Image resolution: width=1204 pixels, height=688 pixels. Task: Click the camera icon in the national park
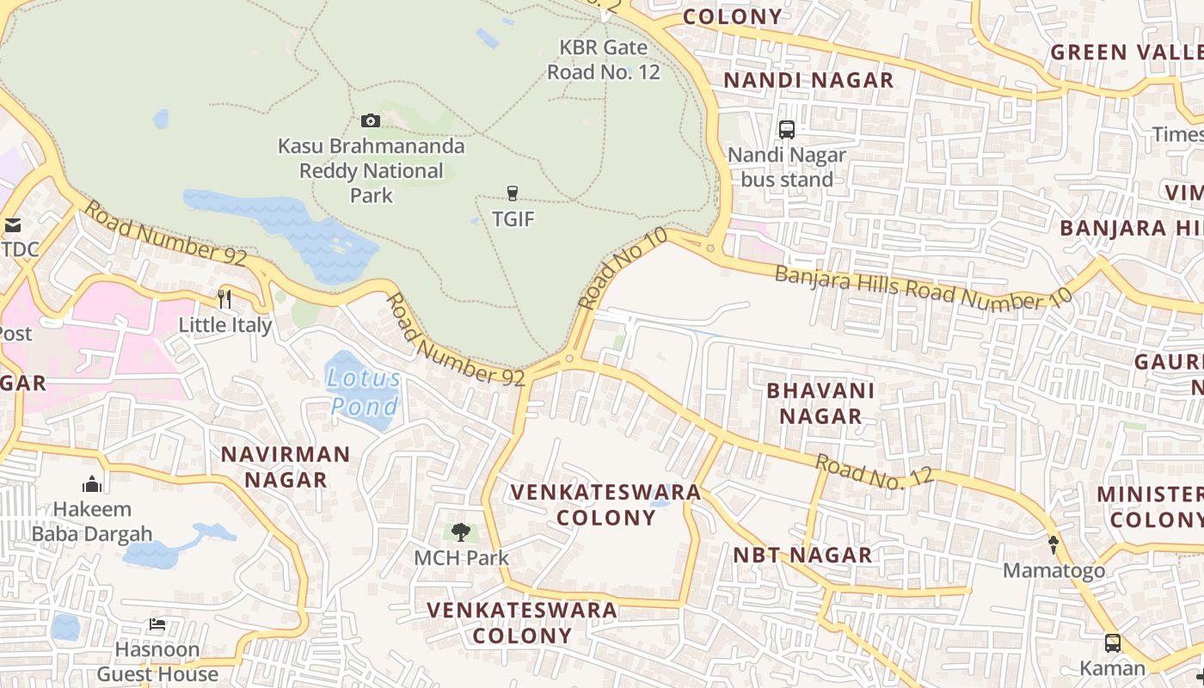tap(371, 120)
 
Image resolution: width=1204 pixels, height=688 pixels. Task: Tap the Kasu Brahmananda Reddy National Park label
tap(371, 170)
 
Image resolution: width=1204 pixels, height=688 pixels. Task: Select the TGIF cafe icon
tap(513, 193)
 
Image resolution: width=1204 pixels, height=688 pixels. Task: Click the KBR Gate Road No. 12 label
tap(604, 59)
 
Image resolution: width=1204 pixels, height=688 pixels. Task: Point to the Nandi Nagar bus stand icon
tap(787, 130)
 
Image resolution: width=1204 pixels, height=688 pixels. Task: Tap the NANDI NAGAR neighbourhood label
tap(808, 81)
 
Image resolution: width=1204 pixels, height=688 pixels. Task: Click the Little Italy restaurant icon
tap(224, 299)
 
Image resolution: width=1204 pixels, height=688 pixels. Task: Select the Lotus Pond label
tap(364, 392)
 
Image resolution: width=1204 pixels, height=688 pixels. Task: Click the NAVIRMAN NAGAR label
tap(286, 467)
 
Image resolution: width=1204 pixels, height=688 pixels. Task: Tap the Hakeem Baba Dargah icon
tap(92, 484)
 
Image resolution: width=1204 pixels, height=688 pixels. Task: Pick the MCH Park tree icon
tap(461, 532)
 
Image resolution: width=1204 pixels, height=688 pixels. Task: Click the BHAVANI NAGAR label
tap(820, 403)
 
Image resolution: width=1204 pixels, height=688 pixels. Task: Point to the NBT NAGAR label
tap(802, 556)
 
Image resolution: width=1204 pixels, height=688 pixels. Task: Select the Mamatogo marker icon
tap(1053, 544)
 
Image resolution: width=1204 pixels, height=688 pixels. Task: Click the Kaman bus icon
tap(1112, 643)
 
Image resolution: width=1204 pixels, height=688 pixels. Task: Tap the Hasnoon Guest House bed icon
tap(157, 624)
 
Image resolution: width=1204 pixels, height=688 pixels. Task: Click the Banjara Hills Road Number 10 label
tap(924, 289)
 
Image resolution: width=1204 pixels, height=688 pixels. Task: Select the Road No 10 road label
tap(623, 267)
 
